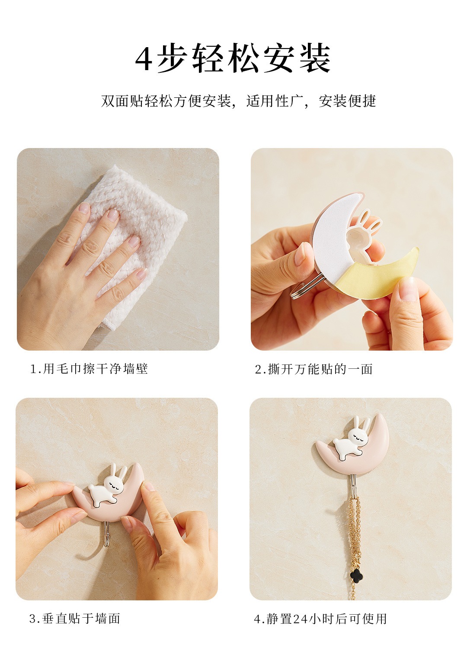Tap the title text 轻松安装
[x=262, y=58]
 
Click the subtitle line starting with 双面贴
[x=238, y=101]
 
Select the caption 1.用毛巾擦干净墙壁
[x=89, y=369]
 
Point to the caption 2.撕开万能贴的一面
[x=313, y=369]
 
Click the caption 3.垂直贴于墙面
[x=75, y=619]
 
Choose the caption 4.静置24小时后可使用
[x=320, y=619]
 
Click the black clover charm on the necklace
[x=356, y=575]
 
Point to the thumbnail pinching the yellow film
[x=408, y=289]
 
